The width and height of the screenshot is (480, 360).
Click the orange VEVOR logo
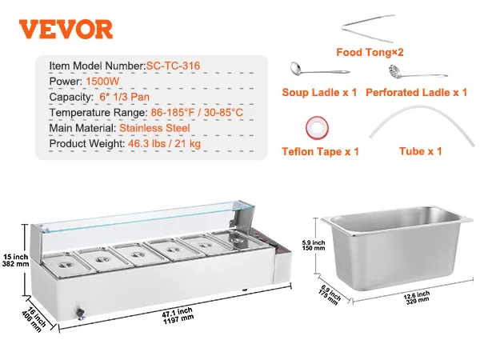tap(66, 29)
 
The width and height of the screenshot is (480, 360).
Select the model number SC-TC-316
tap(173, 66)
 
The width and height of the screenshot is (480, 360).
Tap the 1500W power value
tap(102, 82)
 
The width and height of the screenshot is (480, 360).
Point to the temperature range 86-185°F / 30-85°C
tap(197, 112)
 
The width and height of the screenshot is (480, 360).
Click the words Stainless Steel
tap(154, 128)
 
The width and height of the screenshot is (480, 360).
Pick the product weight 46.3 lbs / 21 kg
tap(164, 143)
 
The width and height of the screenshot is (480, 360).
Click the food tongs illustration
tap(368, 28)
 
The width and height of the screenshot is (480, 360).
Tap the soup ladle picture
tap(319, 70)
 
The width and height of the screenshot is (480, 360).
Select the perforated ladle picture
tap(418, 72)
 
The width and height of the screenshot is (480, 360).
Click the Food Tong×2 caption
tap(370, 52)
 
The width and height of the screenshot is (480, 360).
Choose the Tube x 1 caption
tap(421, 151)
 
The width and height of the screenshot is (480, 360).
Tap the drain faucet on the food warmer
tap(80, 314)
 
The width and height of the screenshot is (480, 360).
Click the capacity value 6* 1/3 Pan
tap(125, 97)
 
